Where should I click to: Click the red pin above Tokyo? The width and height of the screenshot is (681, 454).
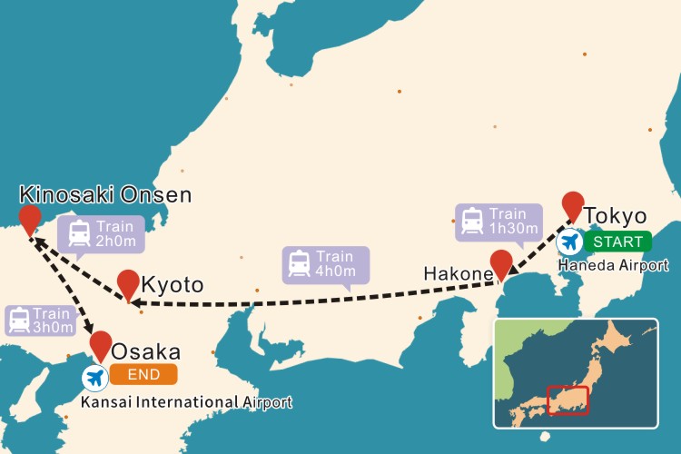coord(572,205)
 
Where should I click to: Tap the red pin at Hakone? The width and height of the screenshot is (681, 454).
coord(501,263)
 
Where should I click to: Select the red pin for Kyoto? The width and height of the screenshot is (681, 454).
coord(128,282)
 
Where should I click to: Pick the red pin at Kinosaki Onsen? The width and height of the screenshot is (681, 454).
coord(30,218)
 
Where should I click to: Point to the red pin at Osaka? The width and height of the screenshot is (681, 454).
coord(101,344)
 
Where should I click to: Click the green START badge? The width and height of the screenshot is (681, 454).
coord(617,242)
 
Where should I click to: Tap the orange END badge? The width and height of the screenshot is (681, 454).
coord(143,374)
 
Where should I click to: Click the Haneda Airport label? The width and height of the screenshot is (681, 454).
coord(614,265)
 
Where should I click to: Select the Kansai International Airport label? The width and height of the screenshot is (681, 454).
coord(187,401)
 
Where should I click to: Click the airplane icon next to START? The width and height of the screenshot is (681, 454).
coord(569,242)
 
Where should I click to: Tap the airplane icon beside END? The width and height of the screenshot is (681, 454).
coord(94,376)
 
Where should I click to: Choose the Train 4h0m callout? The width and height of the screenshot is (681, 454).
coord(325,263)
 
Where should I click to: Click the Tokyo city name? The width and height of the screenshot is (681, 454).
coord(616,216)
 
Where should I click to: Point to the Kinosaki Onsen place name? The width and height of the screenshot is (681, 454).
coord(105,194)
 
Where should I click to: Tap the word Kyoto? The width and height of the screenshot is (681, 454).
coord(173,285)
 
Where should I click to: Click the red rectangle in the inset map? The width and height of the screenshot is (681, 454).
coord(568,400)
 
